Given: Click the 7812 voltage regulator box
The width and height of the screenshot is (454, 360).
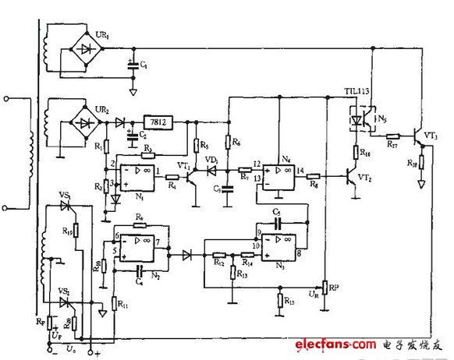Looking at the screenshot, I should coord(158,122).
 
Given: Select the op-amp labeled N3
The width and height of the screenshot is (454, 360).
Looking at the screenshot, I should coord(278,245).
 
